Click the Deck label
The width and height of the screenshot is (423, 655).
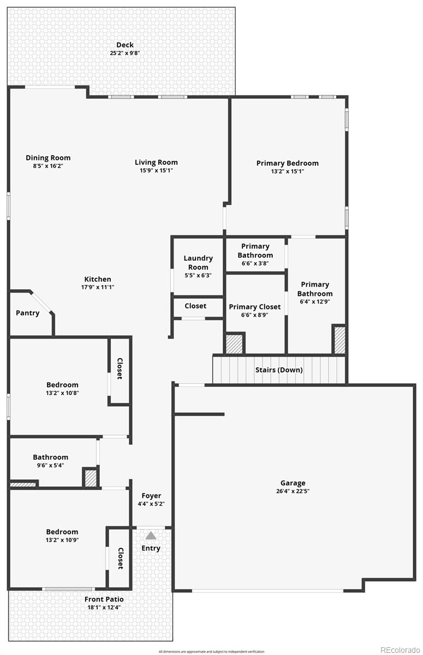click(124, 45)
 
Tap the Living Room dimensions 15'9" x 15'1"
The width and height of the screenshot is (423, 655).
click(156, 170)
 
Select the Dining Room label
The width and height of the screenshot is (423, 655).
click(48, 158)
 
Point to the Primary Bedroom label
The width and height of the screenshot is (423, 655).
click(287, 163)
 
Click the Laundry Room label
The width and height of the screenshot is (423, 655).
click(198, 263)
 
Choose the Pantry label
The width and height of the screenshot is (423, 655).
click(27, 313)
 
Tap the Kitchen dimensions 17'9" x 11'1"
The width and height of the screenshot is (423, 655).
click(98, 287)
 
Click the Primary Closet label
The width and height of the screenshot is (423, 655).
click(254, 307)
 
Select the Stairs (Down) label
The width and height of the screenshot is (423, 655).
click(279, 370)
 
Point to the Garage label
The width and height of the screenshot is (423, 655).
click(293, 483)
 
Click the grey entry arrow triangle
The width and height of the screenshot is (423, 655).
click(151, 536)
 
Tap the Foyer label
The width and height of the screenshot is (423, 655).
click(151, 496)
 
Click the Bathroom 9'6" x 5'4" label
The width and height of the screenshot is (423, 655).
click(50, 457)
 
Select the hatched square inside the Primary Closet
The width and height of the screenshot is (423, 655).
click(234, 343)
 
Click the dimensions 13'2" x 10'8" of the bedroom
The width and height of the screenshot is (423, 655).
click(62, 392)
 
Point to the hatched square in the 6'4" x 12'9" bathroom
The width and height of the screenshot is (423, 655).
click(339, 340)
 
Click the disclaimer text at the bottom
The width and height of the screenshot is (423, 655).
click(211, 651)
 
